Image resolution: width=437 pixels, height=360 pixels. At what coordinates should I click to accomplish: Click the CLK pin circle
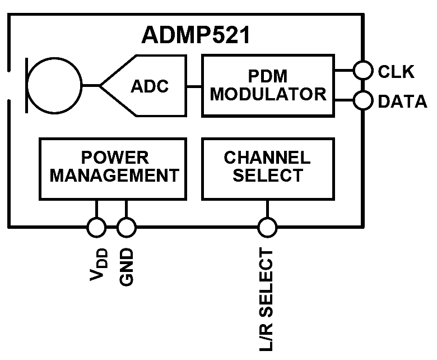click(x=363, y=71)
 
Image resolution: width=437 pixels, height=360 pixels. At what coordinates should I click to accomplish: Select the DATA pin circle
click(x=363, y=101)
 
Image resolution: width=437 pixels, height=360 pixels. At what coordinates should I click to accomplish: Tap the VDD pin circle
click(x=96, y=227)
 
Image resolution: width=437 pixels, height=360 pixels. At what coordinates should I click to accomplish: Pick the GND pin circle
click(x=126, y=227)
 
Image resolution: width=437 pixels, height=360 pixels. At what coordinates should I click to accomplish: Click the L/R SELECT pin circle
click(x=267, y=227)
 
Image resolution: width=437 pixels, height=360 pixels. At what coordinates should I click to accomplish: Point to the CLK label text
click(x=396, y=71)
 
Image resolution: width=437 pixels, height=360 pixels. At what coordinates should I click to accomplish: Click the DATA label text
click(x=402, y=101)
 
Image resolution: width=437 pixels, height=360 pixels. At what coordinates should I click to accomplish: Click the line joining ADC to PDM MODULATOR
click(x=193, y=86)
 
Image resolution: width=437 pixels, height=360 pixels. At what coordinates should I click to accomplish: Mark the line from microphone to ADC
click(x=91, y=86)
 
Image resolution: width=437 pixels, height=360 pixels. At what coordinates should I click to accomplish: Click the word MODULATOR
click(x=268, y=94)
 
